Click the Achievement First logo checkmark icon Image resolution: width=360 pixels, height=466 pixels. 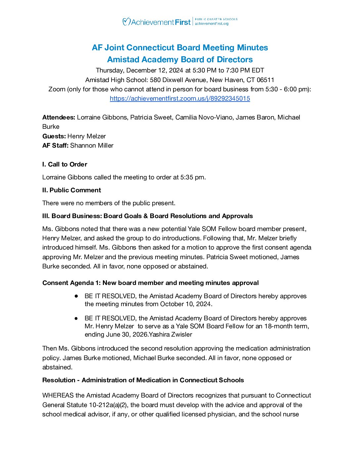click(126, 22)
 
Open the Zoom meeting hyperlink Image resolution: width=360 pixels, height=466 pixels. click(180, 99)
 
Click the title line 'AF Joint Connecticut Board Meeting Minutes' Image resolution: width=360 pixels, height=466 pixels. click(180, 48)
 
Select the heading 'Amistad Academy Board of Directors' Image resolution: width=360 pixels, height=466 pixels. click(180, 60)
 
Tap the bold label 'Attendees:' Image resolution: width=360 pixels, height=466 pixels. click(59, 117)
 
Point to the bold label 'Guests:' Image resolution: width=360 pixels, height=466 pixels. click(54, 136)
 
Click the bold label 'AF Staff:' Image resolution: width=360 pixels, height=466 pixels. click(55, 146)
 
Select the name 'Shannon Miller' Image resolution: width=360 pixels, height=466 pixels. click(92, 146)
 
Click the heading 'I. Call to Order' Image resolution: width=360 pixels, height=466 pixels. click(65, 164)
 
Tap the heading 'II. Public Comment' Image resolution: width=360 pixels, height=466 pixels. click(71, 190)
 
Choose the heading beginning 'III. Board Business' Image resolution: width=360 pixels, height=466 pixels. click(147, 216)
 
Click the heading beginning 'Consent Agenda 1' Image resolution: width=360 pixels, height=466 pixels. click(150, 283)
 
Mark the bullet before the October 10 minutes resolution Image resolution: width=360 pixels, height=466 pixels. click(76, 296)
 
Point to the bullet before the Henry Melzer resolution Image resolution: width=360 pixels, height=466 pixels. click(76, 318)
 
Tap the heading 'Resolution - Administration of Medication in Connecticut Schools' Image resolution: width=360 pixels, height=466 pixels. click(143, 380)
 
